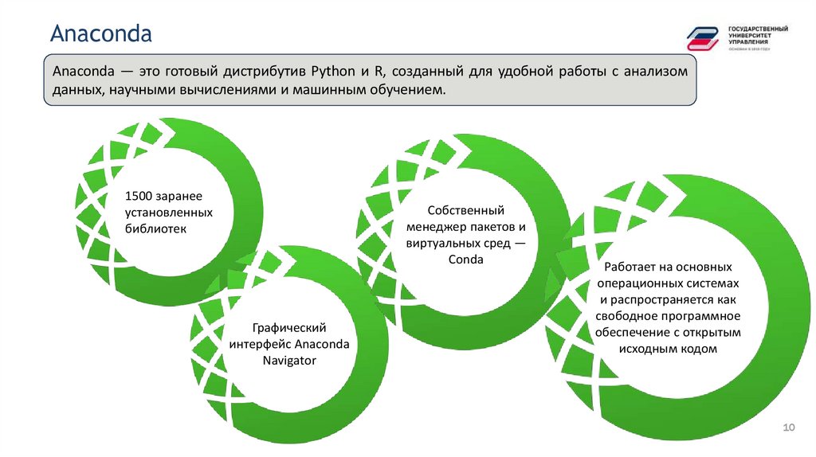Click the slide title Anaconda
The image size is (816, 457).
click(x=101, y=34)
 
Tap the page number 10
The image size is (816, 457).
click(x=790, y=429)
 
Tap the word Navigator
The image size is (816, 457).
click(x=289, y=360)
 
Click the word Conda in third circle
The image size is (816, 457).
click(x=466, y=259)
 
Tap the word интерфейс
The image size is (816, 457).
click(x=260, y=344)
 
